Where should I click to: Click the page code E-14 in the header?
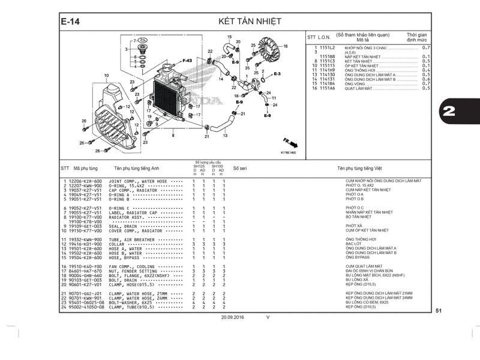point(71,22)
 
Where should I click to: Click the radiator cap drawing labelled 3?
point(143,47)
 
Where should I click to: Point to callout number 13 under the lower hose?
point(226,136)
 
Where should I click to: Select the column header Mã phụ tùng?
point(85,169)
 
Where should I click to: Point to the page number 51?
point(439,310)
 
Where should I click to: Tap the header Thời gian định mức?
point(416,38)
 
